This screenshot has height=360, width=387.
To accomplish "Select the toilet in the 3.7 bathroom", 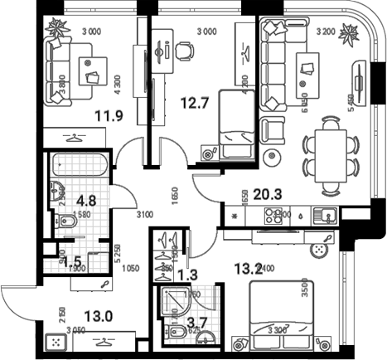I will [176, 333].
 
